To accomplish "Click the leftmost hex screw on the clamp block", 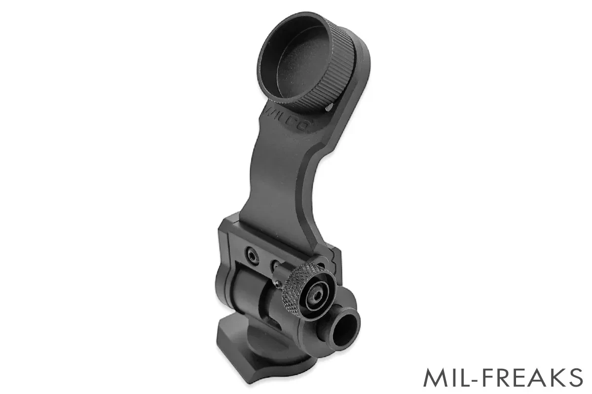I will point(252,255).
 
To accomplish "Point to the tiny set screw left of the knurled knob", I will point(279,284).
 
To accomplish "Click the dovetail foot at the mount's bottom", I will point(257,360).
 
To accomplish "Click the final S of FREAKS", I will point(575,378).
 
